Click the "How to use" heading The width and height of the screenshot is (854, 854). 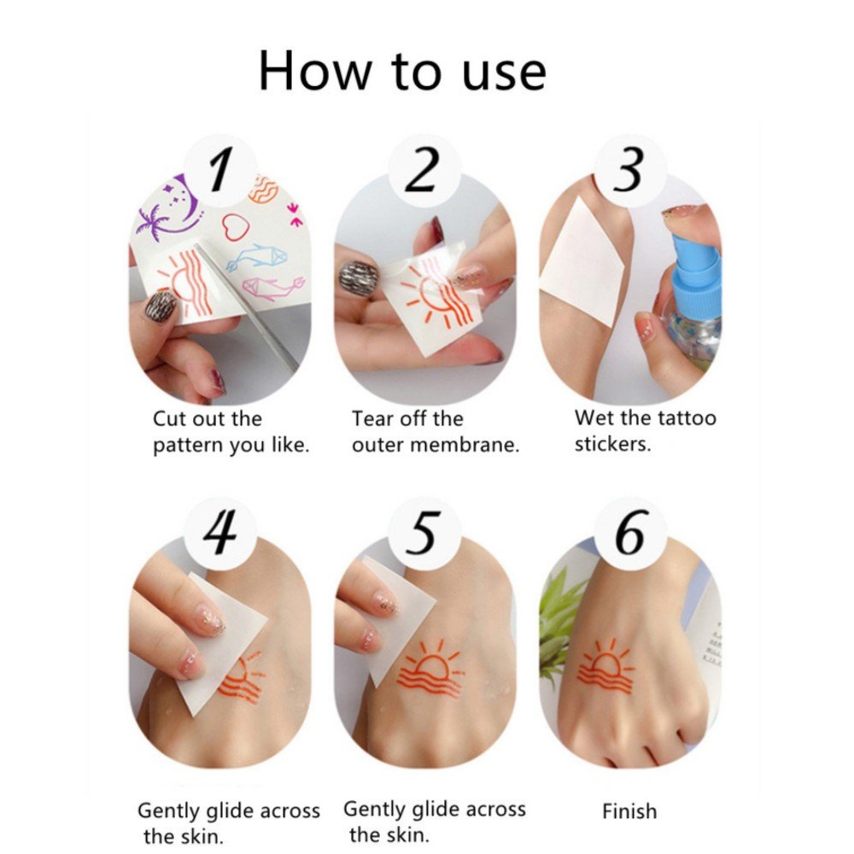click(402, 71)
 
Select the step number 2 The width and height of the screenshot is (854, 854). click(423, 170)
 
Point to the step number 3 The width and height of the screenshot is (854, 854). click(629, 169)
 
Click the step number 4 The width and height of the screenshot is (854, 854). click(220, 533)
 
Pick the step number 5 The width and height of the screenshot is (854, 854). click(423, 533)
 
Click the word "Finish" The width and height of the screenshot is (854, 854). click(629, 811)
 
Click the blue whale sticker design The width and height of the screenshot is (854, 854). click(257, 257)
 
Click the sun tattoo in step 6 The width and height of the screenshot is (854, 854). click(605, 668)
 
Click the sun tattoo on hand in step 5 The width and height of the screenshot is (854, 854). click(430, 670)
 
